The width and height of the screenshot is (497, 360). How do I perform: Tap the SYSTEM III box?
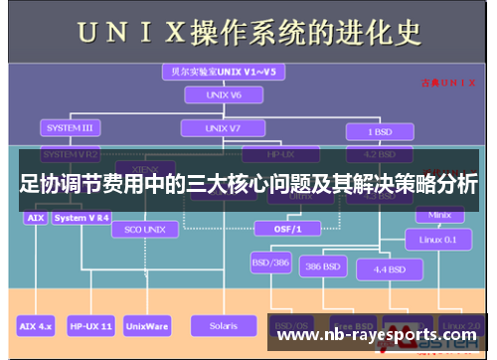click(x=70, y=128)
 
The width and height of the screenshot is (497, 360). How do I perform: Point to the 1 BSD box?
click(x=378, y=130)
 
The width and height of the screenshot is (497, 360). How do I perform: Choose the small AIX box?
click(x=35, y=217)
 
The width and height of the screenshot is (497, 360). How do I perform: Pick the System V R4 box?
click(x=83, y=217)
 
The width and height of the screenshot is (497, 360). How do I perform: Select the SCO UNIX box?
click(x=146, y=229)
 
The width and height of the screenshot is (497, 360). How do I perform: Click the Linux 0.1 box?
click(x=437, y=239)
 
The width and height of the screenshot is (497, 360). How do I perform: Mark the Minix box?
click(x=438, y=214)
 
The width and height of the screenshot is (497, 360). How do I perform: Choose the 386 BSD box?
click(x=325, y=267)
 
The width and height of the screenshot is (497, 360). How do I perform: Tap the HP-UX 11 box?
click(x=90, y=325)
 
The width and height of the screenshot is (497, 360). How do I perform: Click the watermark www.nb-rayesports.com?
click(x=376, y=335)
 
